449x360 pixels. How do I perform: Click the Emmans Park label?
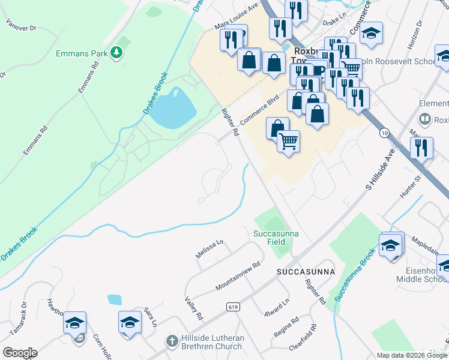[x=81, y=53]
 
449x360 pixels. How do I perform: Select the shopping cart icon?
[x=289, y=142]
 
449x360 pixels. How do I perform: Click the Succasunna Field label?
[x=276, y=238]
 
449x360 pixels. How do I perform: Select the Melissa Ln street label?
[x=209, y=249]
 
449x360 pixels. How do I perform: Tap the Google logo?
[x=19, y=352]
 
